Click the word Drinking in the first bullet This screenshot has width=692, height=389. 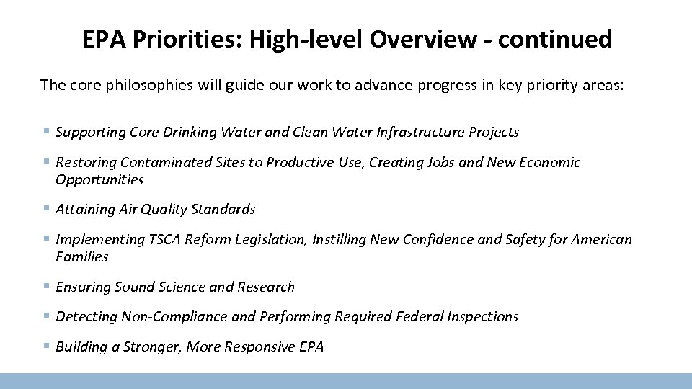point(190,132)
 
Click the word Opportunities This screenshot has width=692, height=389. point(99,179)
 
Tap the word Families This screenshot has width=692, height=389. point(81,256)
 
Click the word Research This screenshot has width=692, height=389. point(266,287)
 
